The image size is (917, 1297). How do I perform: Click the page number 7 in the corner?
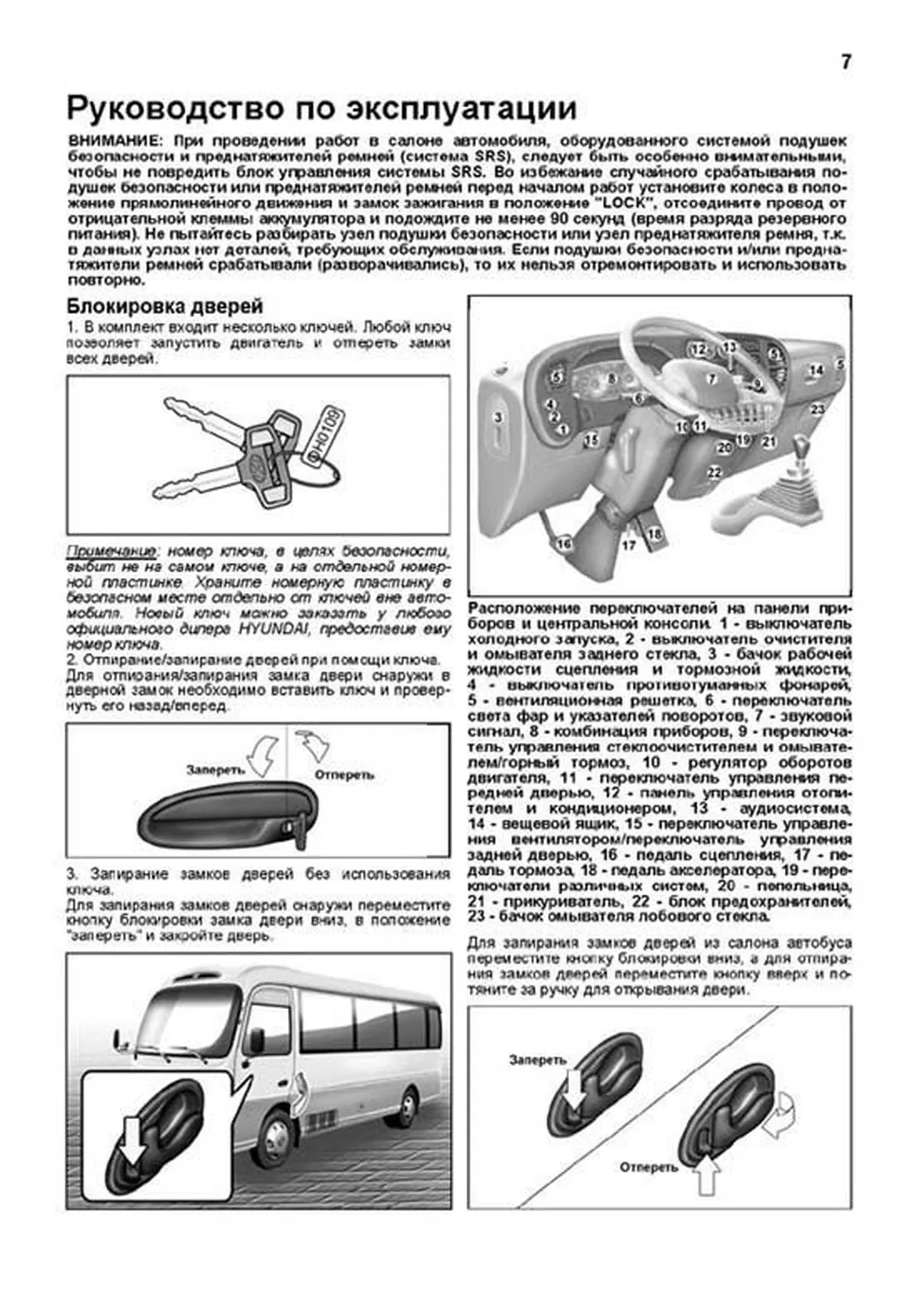[x=845, y=63]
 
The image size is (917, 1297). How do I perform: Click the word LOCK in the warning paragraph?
[x=620, y=203]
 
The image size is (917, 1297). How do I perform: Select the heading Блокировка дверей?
[x=164, y=306]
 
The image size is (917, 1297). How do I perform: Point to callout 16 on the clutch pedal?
[x=564, y=544]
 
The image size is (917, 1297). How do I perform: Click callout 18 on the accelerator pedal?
[x=654, y=535]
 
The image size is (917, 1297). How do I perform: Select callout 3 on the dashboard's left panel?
[x=497, y=418]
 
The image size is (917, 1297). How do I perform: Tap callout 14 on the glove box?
[x=816, y=371]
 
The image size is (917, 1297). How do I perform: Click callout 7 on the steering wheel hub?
[x=711, y=378]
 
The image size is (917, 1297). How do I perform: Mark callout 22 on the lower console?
[x=714, y=472]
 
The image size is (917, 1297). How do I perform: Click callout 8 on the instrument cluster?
[x=611, y=378]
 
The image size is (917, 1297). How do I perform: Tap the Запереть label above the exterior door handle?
[x=215, y=770]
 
